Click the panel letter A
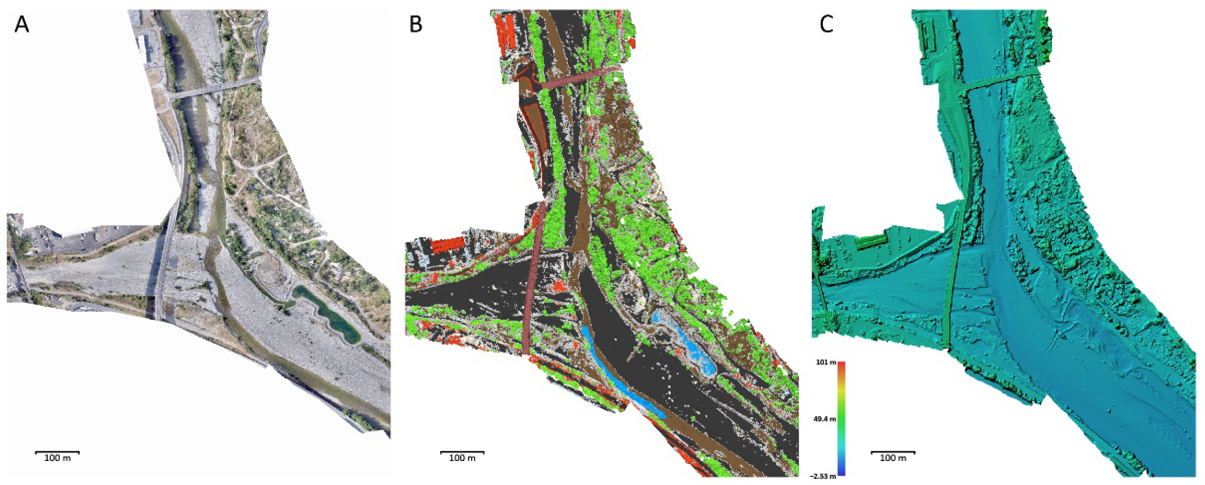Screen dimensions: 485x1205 coord(22,25)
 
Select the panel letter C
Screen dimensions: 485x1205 coord(827,25)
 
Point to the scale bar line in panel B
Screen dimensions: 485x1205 coord(462,452)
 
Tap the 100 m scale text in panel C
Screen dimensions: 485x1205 coord(893,458)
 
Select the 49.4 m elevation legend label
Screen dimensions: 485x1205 coord(825,419)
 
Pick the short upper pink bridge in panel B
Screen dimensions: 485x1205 coord(580,77)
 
